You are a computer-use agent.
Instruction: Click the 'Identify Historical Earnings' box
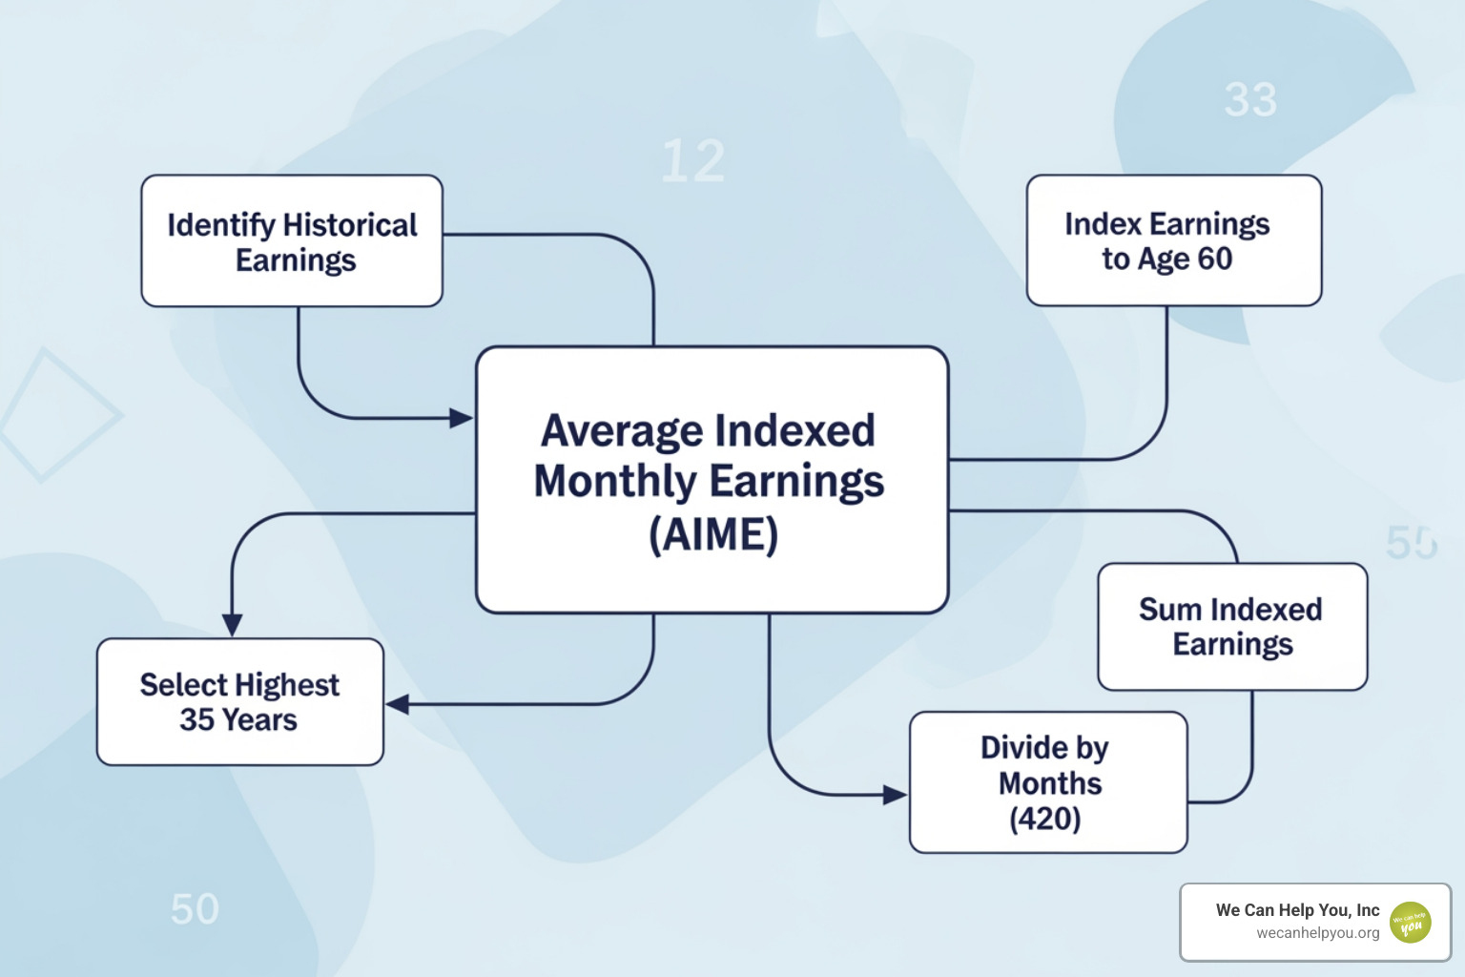coord(292,240)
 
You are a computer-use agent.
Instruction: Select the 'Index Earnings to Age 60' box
coord(1174,240)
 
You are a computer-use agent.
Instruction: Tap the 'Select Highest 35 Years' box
coord(240,702)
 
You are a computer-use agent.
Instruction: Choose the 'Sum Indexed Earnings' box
coord(1232,627)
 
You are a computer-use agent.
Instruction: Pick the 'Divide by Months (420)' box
coord(1048,782)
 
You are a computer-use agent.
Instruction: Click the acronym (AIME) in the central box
coord(713,534)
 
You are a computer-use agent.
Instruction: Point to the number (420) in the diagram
coord(1045,819)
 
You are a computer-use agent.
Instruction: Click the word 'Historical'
coord(350,226)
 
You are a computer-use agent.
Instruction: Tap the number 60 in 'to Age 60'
coord(1214,259)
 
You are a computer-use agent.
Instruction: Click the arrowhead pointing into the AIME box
coord(461,418)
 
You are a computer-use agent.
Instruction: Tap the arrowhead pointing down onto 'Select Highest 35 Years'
coord(232,625)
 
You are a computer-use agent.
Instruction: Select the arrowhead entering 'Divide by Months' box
coord(895,795)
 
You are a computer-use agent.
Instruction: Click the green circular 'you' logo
coord(1410,923)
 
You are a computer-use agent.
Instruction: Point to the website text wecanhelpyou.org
coord(1318,933)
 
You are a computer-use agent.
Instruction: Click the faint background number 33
coord(1250,100)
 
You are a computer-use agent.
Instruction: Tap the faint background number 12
coord(693,161)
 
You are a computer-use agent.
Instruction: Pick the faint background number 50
coord(195,909)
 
